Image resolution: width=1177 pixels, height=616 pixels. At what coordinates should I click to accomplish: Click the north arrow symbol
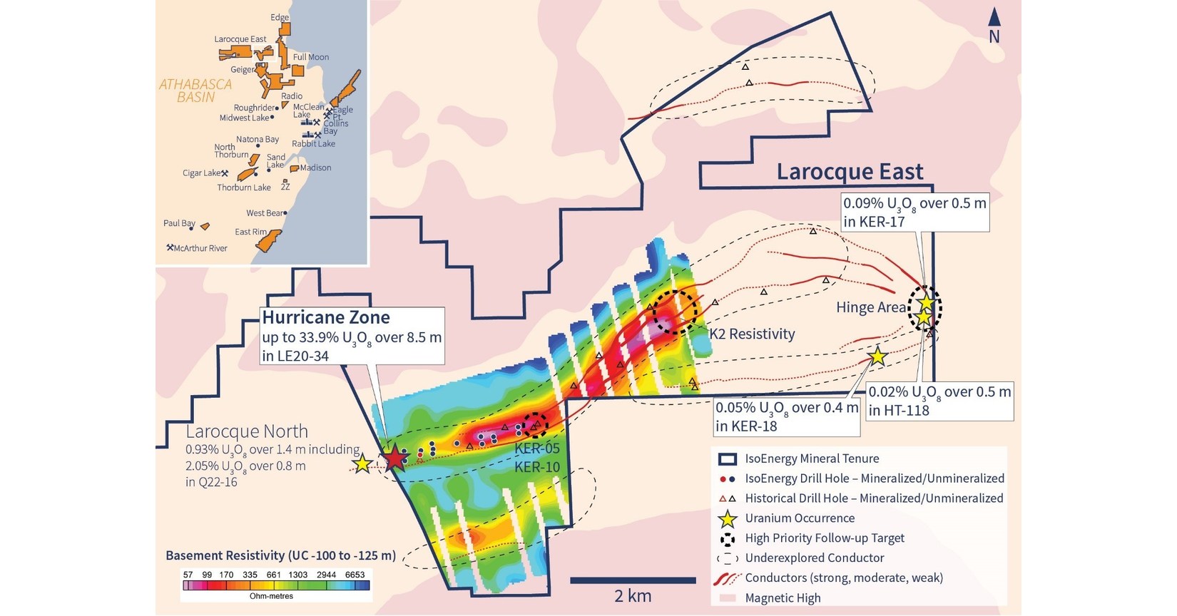click(994, 19)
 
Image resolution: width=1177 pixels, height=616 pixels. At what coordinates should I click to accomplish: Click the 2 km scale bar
click(632, 580)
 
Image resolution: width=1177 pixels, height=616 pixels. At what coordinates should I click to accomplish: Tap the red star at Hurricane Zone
click(394, 458)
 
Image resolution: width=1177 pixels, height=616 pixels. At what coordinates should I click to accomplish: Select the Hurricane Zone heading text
click(326, 317)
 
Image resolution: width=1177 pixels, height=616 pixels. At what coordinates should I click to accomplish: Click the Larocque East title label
click(850, 172)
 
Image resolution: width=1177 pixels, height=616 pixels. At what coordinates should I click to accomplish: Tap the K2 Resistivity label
click(752, 334)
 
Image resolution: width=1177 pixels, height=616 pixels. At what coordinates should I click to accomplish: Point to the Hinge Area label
click(871, 307)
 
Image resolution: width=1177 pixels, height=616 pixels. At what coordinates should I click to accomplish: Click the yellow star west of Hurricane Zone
click(362, 464)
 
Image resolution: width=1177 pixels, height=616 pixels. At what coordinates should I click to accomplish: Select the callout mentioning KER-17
click(914, 212)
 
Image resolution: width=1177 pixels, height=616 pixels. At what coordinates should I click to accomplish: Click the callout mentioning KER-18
click(786, 416)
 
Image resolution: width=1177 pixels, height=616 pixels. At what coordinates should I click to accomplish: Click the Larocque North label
click(247, 431)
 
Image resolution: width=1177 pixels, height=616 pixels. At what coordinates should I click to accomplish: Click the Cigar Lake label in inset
click(202, 173)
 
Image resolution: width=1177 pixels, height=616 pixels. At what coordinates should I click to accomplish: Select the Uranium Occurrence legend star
click(727, 518)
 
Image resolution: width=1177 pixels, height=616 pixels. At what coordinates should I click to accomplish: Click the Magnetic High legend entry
click(783, 598)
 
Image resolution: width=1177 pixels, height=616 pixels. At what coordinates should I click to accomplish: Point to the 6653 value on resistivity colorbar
click(355, 575)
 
